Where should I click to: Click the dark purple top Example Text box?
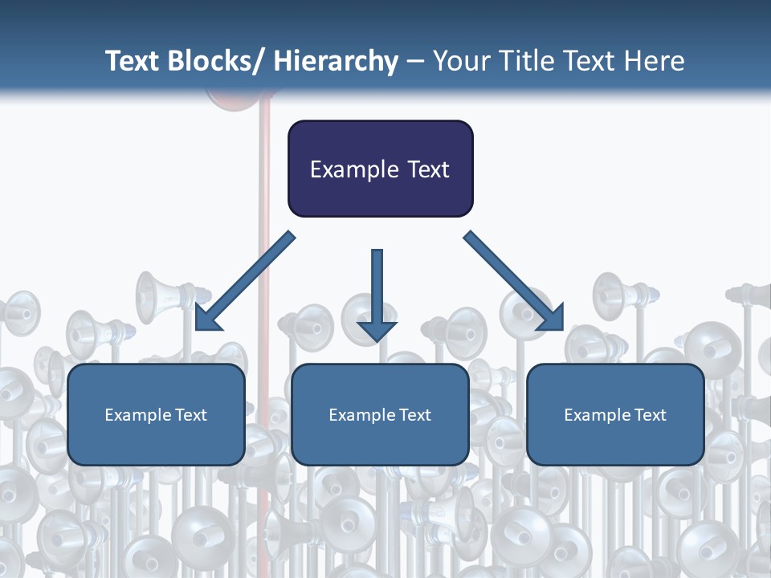pos(380,169)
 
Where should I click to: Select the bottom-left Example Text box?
pos(156,414)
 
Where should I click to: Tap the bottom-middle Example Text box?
pos(380,414)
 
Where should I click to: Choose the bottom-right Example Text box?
pos(615,414)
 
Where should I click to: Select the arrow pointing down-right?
pos(514,281)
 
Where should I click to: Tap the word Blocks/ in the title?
pos(215,62)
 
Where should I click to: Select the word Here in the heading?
pos(655,62)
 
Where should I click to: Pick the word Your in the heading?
pos(460,62)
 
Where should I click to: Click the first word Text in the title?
pos(133,62)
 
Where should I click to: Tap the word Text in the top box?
pos(426,169)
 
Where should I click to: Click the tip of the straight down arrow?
pos(377,341)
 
